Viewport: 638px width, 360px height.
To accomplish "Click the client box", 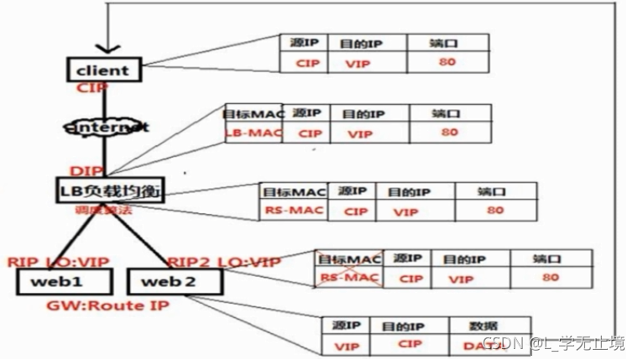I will [102, 70].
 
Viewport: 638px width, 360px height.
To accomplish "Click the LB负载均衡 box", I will [108, 190].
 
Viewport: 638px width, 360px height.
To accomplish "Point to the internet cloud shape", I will [106, 128].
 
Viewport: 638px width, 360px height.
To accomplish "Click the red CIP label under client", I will [92, 87].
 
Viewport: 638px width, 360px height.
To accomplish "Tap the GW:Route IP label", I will [108, 306].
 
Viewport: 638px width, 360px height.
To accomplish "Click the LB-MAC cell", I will [249, 133].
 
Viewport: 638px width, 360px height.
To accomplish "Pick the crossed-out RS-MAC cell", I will [348, 278].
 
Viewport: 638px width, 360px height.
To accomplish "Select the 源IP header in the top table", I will [306, 42].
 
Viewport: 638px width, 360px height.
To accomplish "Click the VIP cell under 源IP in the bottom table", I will [346, 345].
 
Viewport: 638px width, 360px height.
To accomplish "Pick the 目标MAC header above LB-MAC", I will [249, 112].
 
